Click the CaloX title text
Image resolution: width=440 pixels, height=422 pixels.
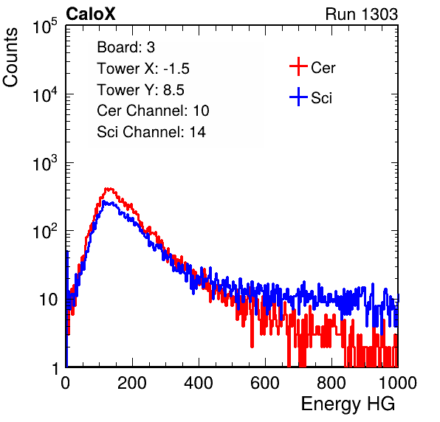click(91, 14)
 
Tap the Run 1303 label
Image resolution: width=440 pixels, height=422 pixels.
click(362, 14)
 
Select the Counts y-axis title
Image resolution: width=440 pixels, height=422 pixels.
click(10, 58)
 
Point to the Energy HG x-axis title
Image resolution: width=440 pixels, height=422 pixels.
click(348, 404)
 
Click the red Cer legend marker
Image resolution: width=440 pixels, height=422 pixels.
click(298, 66)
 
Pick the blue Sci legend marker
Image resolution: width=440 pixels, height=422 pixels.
click(298, 97)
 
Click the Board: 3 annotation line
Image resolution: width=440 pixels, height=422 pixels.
click(126, 47)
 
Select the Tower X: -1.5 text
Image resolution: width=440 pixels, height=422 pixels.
click(143, 69)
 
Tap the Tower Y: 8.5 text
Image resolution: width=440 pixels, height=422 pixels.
click(140, 90)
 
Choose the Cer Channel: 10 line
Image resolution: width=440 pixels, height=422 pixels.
click(153, 111)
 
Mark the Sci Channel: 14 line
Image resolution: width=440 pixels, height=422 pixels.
click(151, 132)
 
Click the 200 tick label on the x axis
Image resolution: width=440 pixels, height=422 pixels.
click(132, 382)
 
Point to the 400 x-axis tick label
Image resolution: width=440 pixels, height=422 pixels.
click(199, 382)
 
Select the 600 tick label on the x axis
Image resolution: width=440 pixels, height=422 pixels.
click(265, 382)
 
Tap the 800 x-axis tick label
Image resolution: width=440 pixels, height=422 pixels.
click(331, 382)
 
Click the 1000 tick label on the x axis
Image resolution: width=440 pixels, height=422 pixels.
click(398, 382)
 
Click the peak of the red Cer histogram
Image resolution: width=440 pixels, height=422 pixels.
click(109, 189)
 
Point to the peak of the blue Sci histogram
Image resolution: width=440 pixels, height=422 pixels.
click(104, 201)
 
